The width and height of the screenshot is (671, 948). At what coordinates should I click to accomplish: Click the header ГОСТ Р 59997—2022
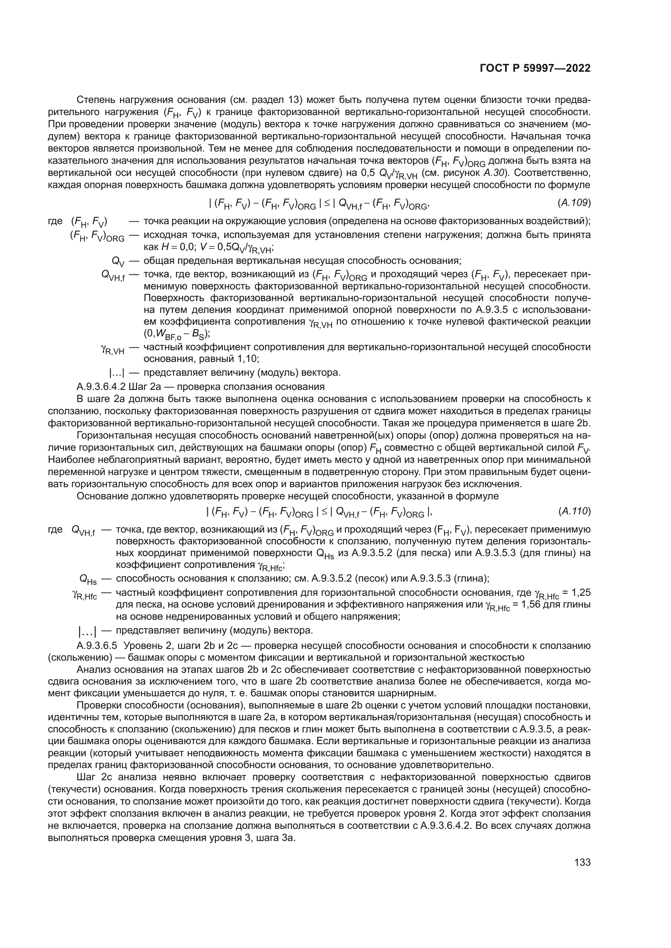point(535,68)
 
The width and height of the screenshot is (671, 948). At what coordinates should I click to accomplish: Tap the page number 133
point(583,862)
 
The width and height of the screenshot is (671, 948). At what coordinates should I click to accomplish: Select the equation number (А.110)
point(574,511)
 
